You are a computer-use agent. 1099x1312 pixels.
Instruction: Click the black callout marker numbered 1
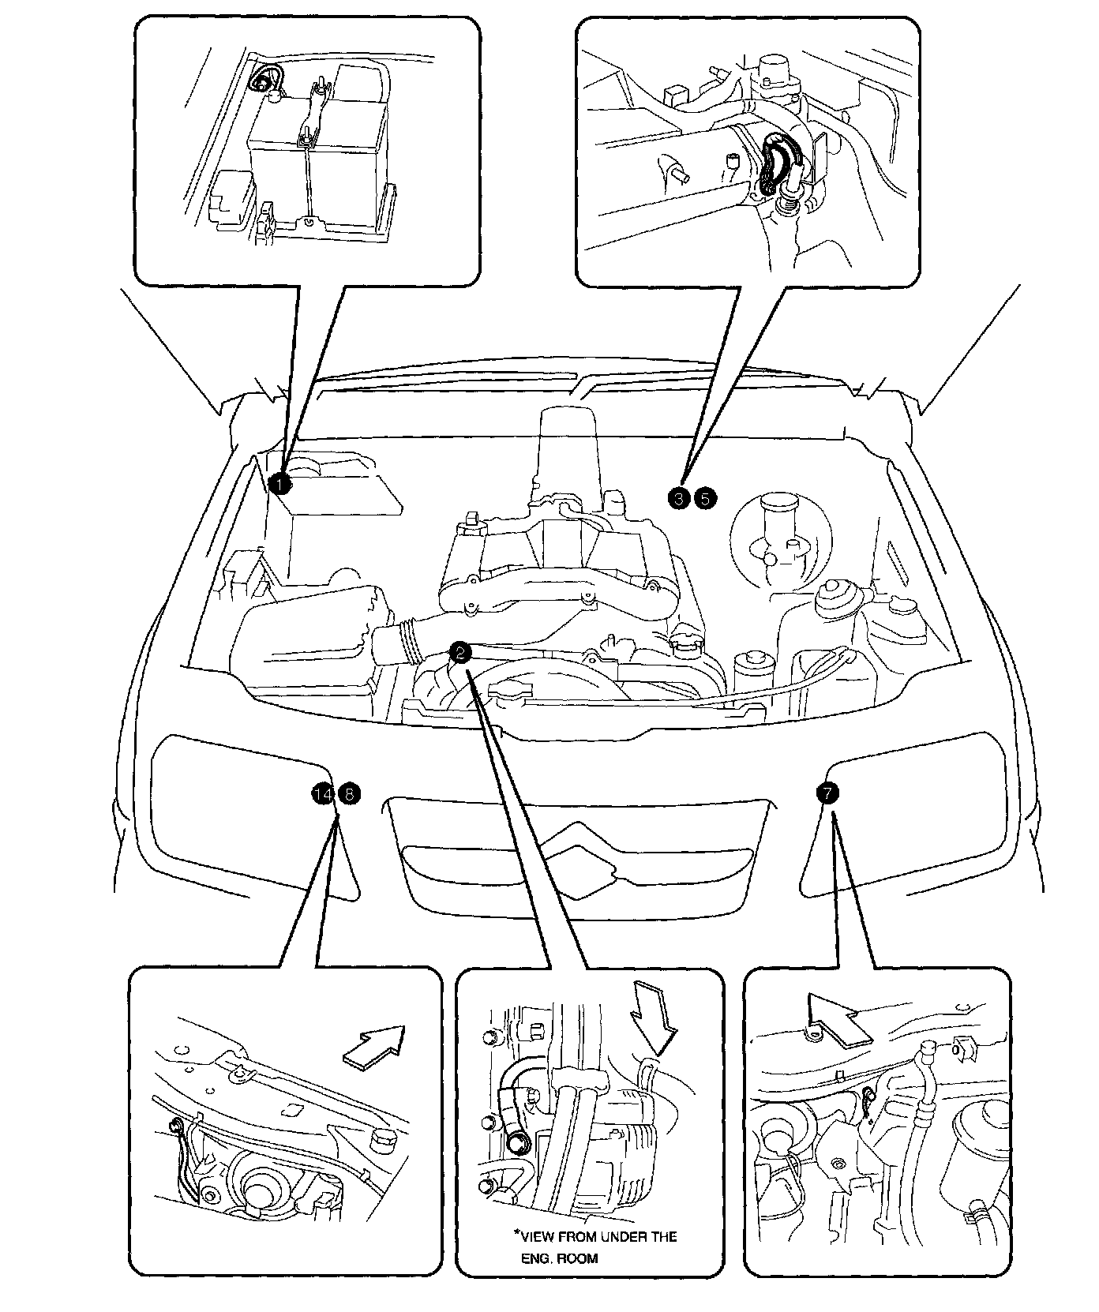279,483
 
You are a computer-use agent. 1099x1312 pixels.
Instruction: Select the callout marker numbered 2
460,650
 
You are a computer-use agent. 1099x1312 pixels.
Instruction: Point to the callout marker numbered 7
826,793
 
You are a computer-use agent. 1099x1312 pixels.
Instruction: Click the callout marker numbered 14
322,794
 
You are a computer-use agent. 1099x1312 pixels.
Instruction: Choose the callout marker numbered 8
348,794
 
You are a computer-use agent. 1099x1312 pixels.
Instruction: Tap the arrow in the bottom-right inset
838,1019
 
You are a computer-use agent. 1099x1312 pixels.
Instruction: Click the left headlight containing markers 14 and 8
237,813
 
